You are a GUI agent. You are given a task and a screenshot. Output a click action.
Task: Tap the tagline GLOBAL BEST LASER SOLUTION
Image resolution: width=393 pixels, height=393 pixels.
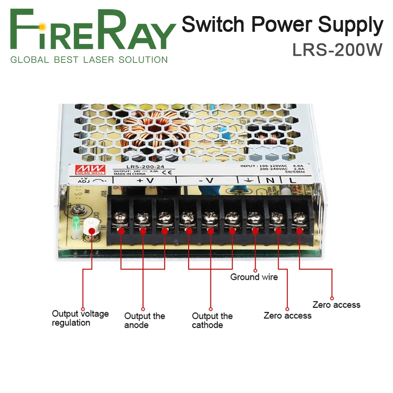(x=89, y=60)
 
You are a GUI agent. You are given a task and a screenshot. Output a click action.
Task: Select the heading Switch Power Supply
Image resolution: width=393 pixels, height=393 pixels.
(x=282, y=25)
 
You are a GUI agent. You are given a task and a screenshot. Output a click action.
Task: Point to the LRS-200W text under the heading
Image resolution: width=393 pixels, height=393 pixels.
(x=337, y=50)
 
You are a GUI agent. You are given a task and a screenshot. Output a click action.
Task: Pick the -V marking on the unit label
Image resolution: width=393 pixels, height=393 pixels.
(x=206, y=180)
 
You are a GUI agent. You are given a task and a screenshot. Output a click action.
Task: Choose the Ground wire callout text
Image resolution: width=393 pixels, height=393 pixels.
(x=254, y=277)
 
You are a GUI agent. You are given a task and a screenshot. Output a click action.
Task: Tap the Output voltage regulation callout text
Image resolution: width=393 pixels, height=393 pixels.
(x=80, y=318)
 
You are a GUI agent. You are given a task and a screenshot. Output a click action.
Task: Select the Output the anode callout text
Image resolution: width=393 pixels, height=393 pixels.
(x=145, y=320)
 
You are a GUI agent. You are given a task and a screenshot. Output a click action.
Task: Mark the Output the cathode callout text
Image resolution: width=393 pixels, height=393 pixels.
(x=212, y=320)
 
